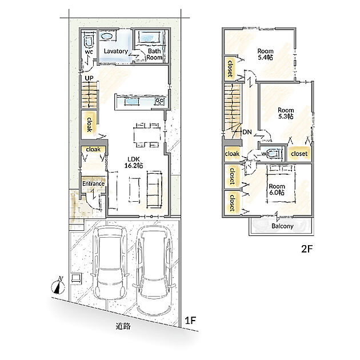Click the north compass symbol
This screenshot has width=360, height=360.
[x=58, y=286]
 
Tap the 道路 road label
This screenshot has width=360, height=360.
[x=123, y=326]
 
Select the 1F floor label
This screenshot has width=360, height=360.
[x=190, y=320]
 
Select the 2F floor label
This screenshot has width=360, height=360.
[x=307, y=249]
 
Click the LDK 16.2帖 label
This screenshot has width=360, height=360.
[x=134, y=162]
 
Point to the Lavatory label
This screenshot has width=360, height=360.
[x=115, y=51]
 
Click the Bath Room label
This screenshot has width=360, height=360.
[x=154, y=54]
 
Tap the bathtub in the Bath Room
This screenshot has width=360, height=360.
[x=150, y=37]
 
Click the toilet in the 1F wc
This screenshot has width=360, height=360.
[x=89, y=39]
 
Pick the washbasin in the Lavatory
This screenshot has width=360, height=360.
[x=106, y=36]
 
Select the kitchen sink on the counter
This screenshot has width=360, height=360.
[x=132, y=102]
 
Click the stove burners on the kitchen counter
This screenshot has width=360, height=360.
[x=159, y=102]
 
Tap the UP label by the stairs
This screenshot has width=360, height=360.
[x=89, y=78]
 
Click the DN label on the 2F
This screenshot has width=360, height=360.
[x=247, y=132]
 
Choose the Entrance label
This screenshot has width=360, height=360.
[x=93, y=183]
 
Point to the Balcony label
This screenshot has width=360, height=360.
[x=282, y=226]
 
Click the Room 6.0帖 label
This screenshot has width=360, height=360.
[x=277, y=189]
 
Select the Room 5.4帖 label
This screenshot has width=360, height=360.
[x=265, y=54]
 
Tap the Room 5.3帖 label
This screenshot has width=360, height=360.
[x=286, y=113]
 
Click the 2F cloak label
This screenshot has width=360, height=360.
[x=232, y=154]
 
